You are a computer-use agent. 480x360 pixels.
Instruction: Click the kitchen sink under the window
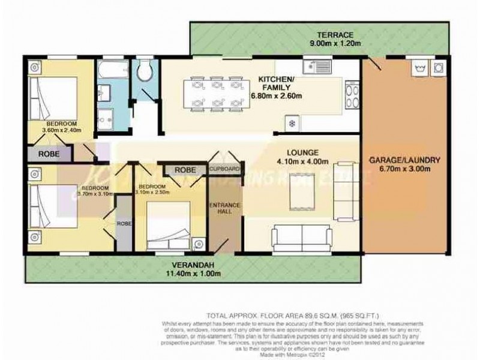(311, 67)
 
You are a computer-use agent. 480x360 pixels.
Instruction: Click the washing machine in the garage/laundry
(439, 68)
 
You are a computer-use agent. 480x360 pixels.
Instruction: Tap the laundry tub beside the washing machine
(418, 68)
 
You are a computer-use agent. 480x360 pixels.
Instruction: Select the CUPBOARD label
(226, 170)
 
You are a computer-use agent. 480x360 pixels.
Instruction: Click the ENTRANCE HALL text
(225, 210)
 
